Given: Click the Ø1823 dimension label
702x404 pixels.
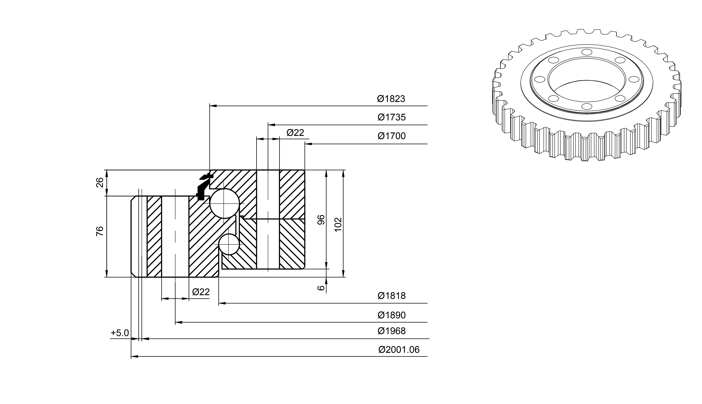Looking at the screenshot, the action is pos(391,99).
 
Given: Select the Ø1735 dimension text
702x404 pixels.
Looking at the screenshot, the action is pos(392,117).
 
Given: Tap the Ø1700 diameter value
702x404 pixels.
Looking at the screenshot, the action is pos(392,136).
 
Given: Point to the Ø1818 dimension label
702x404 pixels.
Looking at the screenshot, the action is pos(392,296).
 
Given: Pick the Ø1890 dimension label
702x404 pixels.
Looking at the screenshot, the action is pos(392,315).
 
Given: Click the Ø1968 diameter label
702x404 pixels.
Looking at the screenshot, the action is pos(392,331).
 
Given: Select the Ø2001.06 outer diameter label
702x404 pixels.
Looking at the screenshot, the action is pos(399,350).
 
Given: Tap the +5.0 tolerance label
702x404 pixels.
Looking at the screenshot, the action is pos(120,333).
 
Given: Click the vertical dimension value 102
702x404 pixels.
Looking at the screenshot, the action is pos(338,225).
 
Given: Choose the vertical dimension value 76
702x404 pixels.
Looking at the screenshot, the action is pos(100,231).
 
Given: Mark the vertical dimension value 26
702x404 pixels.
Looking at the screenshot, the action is pos(100,183).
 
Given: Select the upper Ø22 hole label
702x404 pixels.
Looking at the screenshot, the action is pos(295,133).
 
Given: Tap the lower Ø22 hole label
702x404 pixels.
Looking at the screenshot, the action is pos(201,292).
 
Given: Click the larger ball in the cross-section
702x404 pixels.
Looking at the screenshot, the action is pos(225,204).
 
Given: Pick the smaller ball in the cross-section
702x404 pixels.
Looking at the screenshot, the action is pos(229,244).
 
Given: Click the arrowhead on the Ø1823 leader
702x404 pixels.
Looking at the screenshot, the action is pos(213,106).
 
